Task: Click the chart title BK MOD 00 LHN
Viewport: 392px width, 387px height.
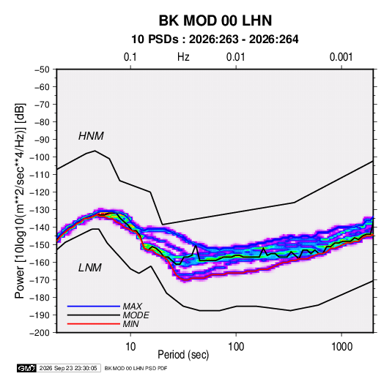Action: point(215,20)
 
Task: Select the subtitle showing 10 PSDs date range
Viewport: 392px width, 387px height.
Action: point(215,40)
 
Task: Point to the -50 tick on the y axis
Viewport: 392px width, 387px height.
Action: point(42,69)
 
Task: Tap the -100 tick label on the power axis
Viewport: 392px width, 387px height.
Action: point(40,157)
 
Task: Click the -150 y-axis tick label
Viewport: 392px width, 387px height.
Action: point(40,245)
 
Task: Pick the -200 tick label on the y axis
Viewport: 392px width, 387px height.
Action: point(40,333)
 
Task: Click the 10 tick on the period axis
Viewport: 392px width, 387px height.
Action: point(130,347)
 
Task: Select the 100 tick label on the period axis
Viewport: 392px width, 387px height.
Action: point(236,347)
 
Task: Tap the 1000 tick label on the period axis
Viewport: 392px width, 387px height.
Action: point(341,347)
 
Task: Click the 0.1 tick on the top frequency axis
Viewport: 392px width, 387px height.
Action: point(130,57)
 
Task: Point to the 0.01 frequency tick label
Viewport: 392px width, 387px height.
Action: point(235,57)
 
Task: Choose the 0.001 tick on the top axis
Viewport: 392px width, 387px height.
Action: point(341,57)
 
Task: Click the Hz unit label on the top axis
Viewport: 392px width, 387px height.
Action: point(183,57)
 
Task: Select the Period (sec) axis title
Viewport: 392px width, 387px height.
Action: point(183,355)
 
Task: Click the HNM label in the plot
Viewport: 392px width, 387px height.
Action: point(91,136)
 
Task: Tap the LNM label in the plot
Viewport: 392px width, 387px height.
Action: point(90,268)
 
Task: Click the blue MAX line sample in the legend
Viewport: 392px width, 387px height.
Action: point(94,307)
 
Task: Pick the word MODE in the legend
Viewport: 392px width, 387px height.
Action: point(136,315)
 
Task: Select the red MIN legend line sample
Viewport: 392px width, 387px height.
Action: point(94,324)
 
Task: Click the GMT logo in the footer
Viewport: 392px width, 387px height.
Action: point(27,368)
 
